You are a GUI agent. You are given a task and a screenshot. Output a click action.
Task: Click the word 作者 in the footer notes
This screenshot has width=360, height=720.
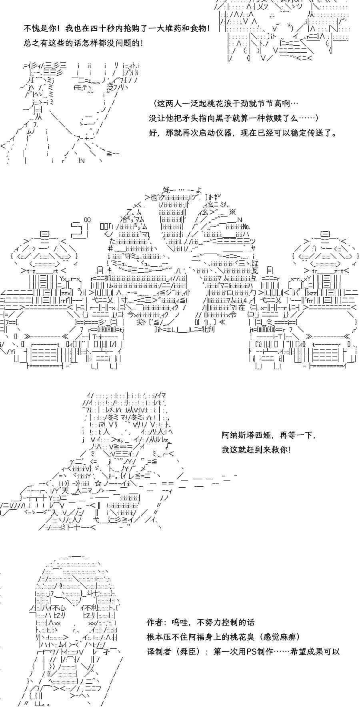(x=155, y=622)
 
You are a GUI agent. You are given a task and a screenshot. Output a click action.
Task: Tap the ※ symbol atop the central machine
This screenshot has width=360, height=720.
(x=232, y=212)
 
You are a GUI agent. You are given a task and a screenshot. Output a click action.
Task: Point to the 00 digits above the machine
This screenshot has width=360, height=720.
(x=87, y=220)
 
